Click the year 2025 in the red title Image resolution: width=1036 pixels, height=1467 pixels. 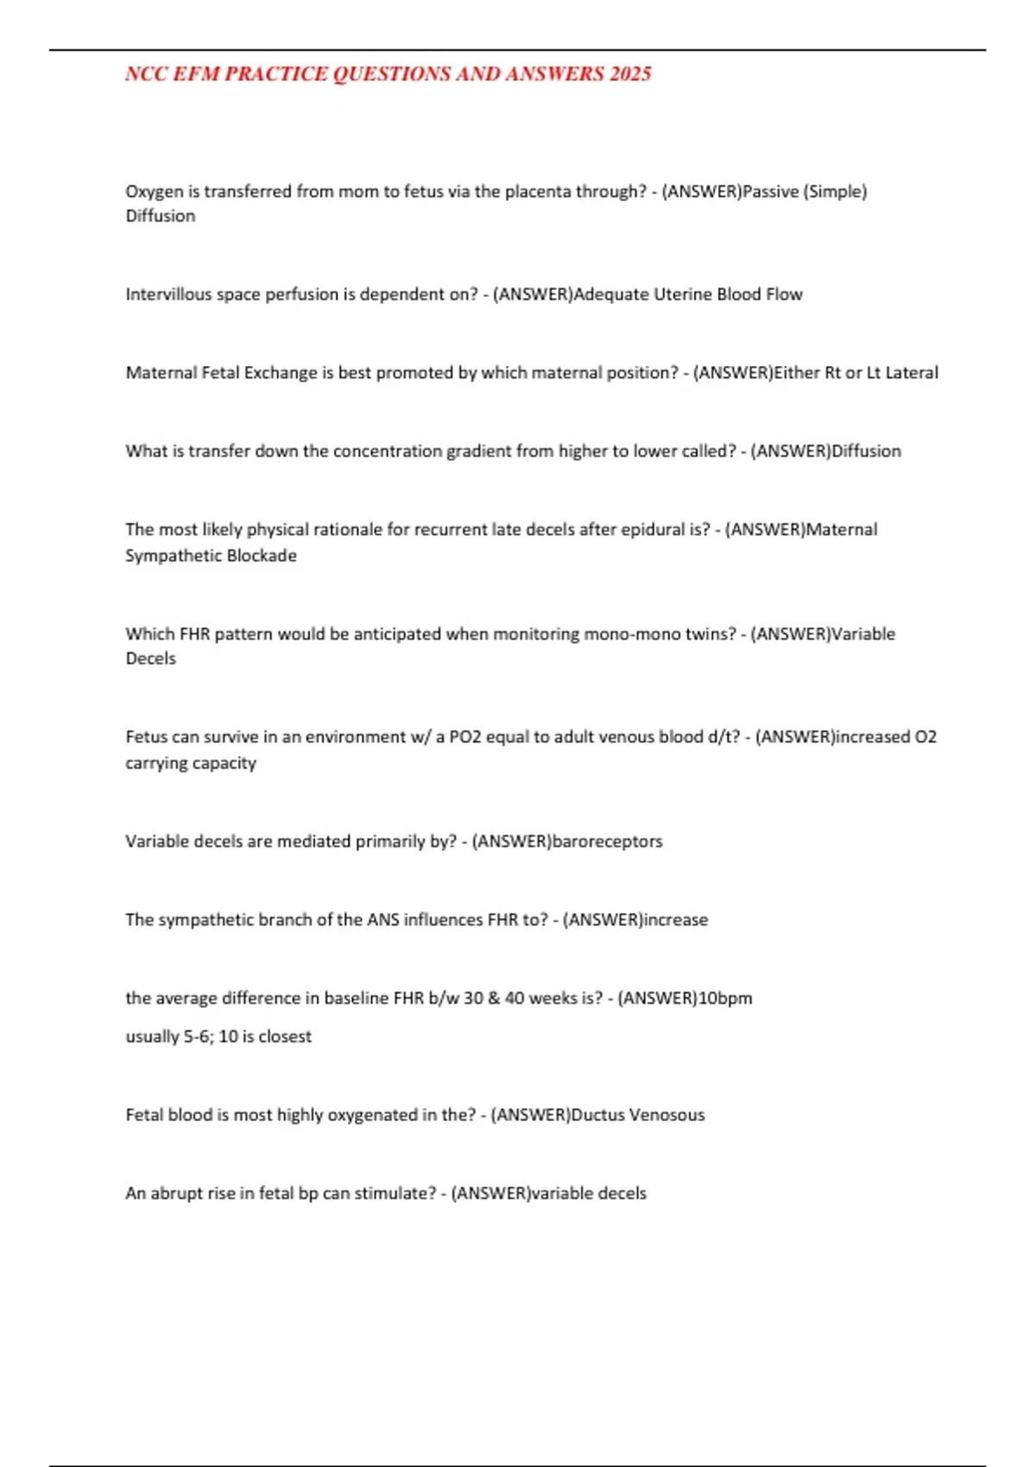pyautogui.click(x=629, y=74)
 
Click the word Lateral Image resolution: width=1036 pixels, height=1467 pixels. pyautogui.click(x=913, y=373)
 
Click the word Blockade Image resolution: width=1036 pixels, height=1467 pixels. pyautogui.click(x=262, y=556)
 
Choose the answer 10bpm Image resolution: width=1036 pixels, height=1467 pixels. pyautogui.click(x=725, y=998)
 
